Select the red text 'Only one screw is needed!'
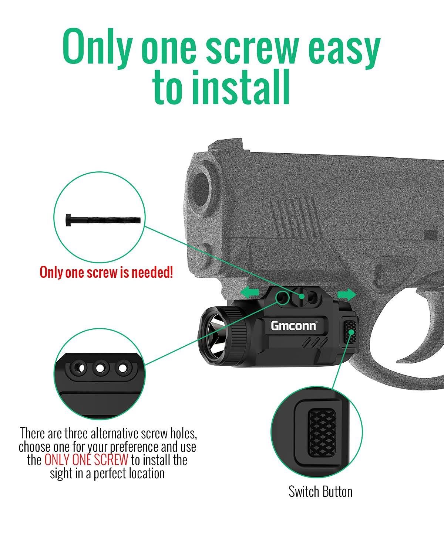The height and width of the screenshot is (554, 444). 106,273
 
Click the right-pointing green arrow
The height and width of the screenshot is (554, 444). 347,294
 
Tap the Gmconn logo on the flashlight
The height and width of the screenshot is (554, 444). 293,326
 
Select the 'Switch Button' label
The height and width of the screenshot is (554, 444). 320,492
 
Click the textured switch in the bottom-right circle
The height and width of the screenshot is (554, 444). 322,432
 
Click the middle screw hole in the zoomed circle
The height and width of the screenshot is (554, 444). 101,368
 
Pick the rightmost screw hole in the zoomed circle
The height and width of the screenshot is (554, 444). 122,368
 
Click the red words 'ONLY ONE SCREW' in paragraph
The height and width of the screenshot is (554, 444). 86,460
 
